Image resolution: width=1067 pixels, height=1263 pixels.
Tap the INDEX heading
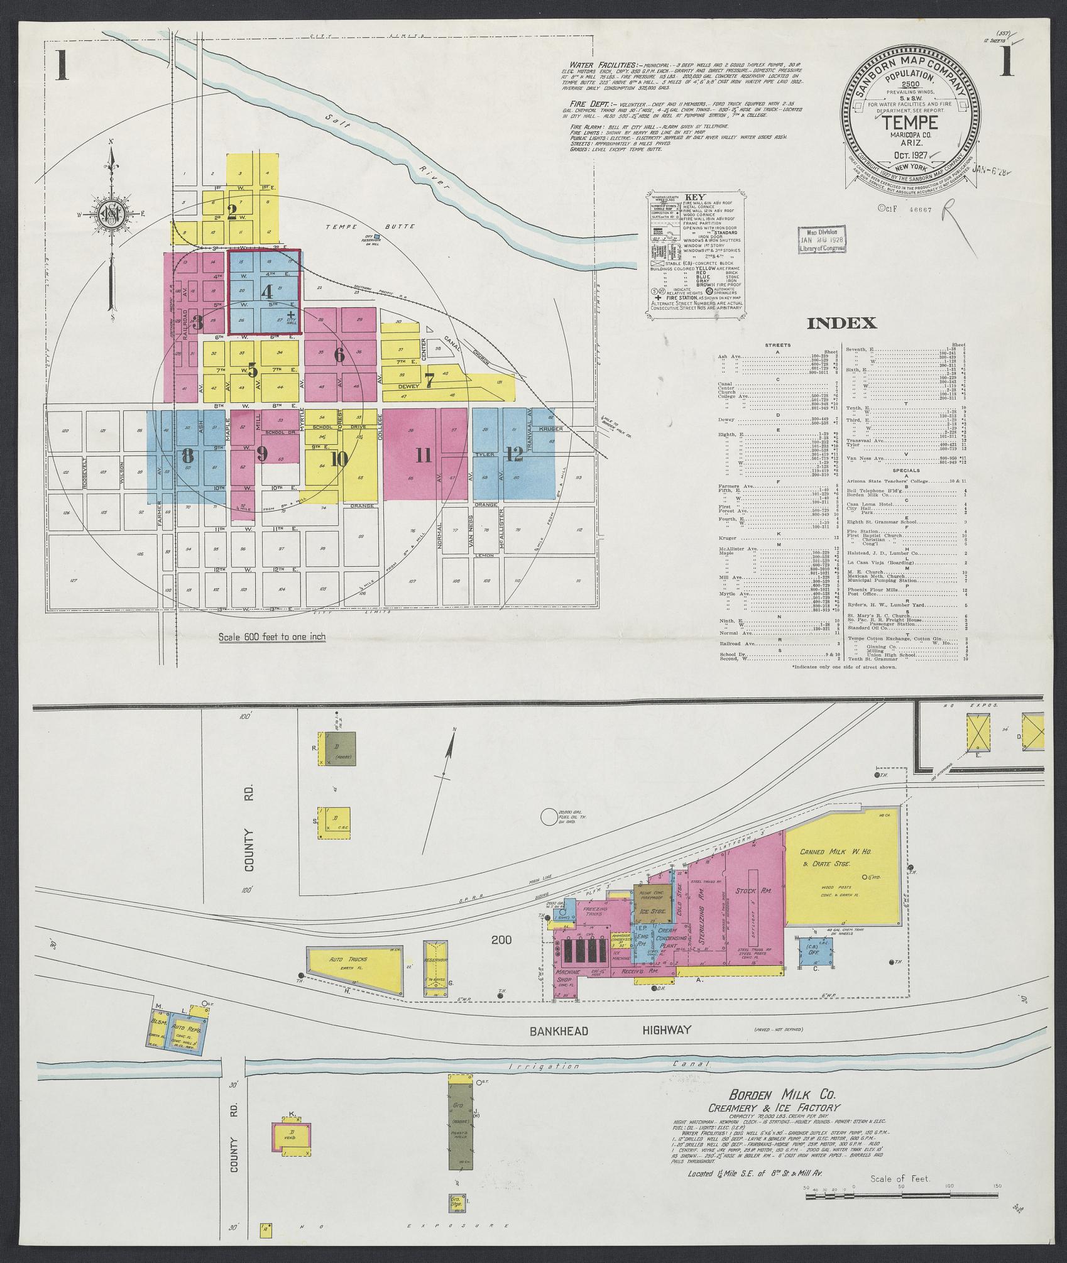point(841,323)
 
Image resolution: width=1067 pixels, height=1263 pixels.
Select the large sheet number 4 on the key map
point(267,292)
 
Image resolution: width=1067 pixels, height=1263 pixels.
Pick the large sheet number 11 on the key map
point(424,454)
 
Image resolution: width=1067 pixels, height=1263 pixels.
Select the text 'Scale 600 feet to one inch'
point(271,637)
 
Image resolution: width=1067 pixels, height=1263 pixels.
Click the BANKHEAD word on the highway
point(554,1029)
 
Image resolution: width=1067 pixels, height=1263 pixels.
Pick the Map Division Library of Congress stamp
point(822,239)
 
